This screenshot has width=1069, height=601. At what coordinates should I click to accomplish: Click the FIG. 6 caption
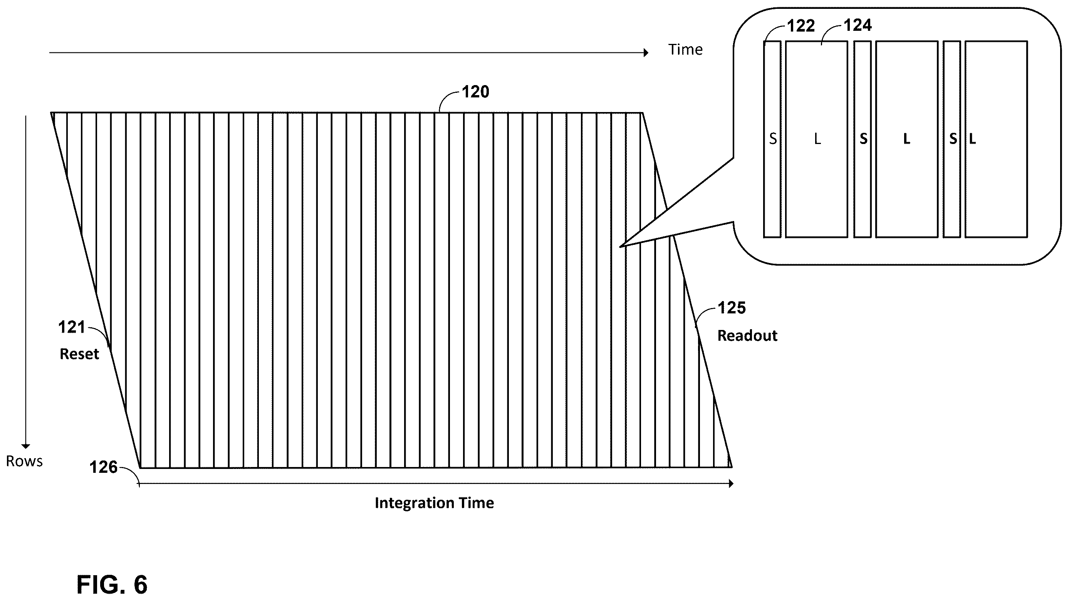pyautogui.click(x=112, y=585)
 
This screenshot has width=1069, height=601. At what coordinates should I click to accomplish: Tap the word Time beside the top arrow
pyautogui.click(x=685, y=50)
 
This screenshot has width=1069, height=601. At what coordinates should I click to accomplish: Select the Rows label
pyautogui.click(x=24, y=461)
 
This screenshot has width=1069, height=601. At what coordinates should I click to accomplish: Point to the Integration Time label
pyautogui.click(x=435, y=503)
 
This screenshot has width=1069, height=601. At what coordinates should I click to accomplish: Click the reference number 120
pyautogui.click(x=476, y=92)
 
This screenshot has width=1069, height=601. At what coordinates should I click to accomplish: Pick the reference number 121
pyautogui.click(x=71, y=327)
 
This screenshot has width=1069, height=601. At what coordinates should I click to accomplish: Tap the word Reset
pyautogui.click(x=79, y=354)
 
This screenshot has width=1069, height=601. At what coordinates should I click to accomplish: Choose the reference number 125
pyautogui.click(x=732, y=308)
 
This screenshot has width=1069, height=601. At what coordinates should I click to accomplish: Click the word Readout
pyautogui.click(x=747, y=336)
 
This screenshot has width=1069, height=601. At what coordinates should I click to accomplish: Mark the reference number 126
pyautogui.click(x=103, y=467)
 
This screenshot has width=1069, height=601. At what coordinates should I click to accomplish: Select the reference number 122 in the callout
pyautogui.click(x=801, y=26)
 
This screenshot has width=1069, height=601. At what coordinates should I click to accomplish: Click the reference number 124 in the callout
pyautogui.click(x=858, y=26)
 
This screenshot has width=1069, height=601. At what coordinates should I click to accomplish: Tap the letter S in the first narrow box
pyautogui.click(x=773, y=139)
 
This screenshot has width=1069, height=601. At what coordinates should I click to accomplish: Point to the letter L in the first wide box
pyautogui.click(x=817, y=139)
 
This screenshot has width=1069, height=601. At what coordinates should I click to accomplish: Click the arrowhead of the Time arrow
pyautogui.click(x=646, y=53)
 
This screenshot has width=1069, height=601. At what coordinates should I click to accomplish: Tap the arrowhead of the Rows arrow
pyautogui.click(x=26, y=446)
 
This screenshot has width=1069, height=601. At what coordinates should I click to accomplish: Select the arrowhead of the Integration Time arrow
pyautogui.click(x=731, y=484)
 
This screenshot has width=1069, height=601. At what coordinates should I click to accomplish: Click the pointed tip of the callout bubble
pyautogui.click(x=620, y=247)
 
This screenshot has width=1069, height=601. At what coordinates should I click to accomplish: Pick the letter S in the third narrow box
pyautogui.click(x=953, y=139)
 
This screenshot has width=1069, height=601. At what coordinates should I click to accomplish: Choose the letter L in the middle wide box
pyautogui.click(x=907, y=139)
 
